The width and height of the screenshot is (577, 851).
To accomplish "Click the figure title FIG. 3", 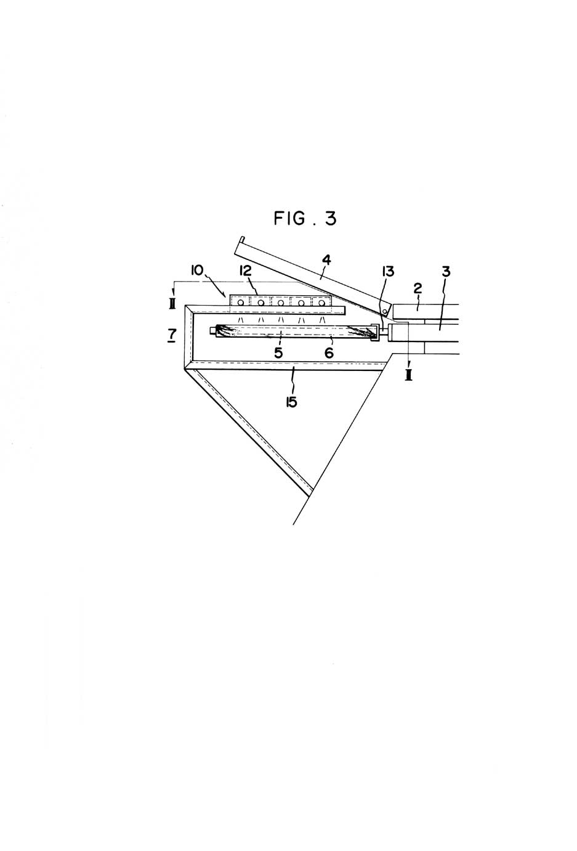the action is [x=305, y=218].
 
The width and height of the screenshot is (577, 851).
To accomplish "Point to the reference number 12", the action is [x=246, y=271].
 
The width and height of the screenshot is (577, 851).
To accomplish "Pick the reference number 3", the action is [x=446, y=272].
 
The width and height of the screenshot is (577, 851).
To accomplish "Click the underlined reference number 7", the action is [x=172, y=335].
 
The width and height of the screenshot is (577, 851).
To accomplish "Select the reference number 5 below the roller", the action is [x=278, y=353].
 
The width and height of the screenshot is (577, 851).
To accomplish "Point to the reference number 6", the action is [x=329, y=353].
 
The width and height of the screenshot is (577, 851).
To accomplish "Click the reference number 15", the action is [x=291, y=402].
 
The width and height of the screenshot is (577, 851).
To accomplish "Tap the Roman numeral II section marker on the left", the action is [x=172, y=304].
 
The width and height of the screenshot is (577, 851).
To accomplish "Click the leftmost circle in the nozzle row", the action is [x=240, y=303].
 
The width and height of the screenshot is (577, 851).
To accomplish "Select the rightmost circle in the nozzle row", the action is [x=322, y=303].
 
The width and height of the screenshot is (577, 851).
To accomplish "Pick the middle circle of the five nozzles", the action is [x=281, y=303].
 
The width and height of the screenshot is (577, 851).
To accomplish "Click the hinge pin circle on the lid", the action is [x=385, y=312].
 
